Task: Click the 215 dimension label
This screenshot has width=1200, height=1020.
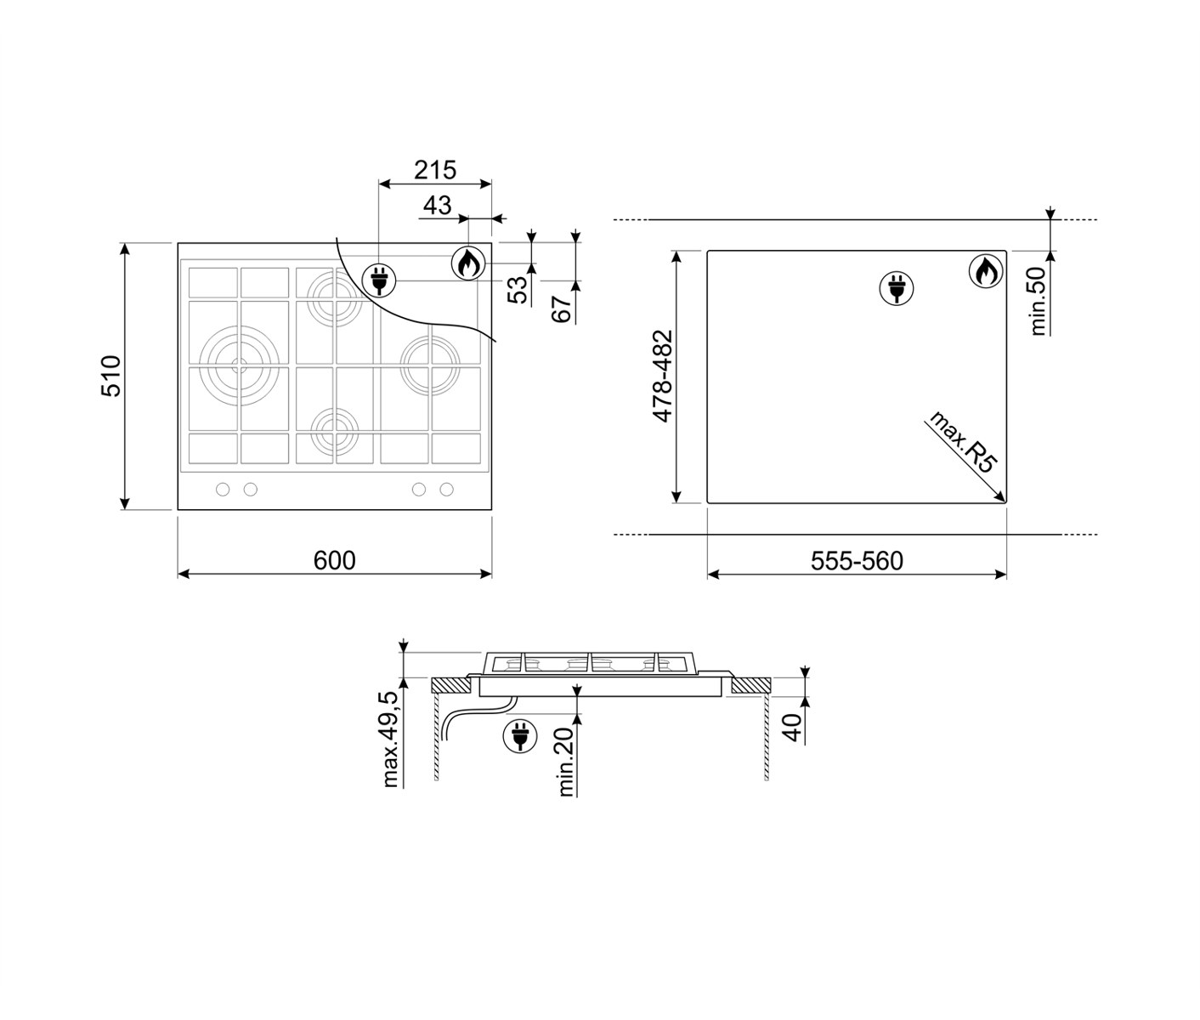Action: (435, 170)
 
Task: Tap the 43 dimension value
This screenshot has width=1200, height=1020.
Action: (437, 205)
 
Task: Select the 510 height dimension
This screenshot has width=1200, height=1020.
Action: (110, 377)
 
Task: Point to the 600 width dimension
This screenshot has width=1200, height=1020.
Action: (334, 561)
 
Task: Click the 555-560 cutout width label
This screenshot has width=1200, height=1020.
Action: (857, 561)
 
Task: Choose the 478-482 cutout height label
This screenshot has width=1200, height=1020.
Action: (662, 377)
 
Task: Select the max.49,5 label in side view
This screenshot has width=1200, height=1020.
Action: (390, 739)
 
